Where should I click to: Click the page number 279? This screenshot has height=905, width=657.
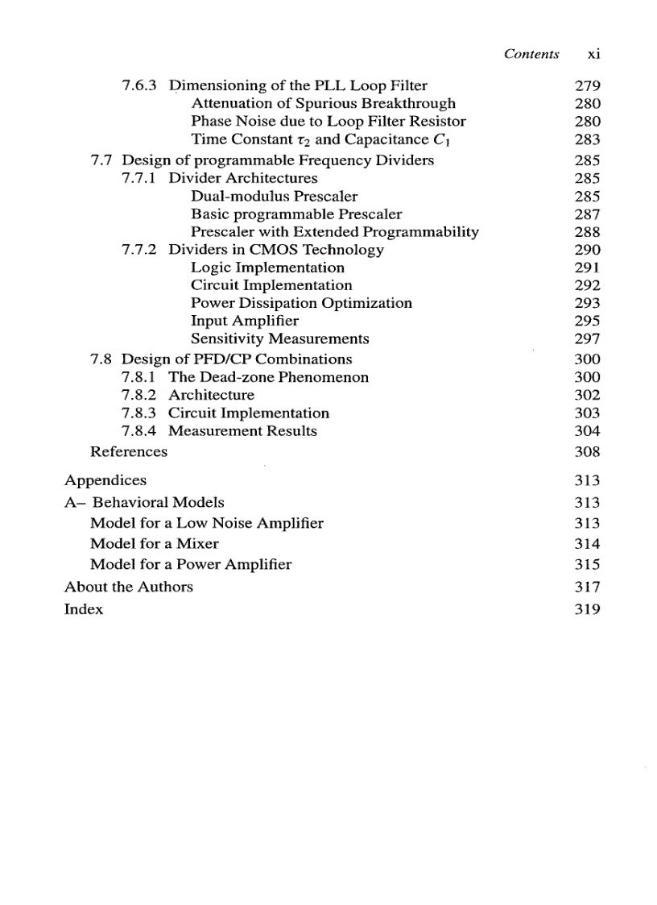(589, 85)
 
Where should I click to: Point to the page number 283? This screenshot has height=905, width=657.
(589, 139)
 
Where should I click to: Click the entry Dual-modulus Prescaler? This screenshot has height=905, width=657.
(274, 196)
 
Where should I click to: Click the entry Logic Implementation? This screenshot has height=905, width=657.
(267, 268)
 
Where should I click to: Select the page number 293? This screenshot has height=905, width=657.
(589, 303)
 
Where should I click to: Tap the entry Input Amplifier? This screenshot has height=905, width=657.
(245, 321)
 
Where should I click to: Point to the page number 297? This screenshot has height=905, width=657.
(589, 338)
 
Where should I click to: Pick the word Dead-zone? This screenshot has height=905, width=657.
(237, 377)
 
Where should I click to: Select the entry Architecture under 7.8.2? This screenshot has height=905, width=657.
(211, 395)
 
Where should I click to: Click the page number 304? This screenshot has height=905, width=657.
(589, 431)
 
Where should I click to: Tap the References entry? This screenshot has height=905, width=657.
(129, 452)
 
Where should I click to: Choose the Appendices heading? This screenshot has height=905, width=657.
(105, 481)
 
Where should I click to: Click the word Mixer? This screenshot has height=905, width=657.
(197, 544)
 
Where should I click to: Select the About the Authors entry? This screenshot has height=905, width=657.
(129, 587)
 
